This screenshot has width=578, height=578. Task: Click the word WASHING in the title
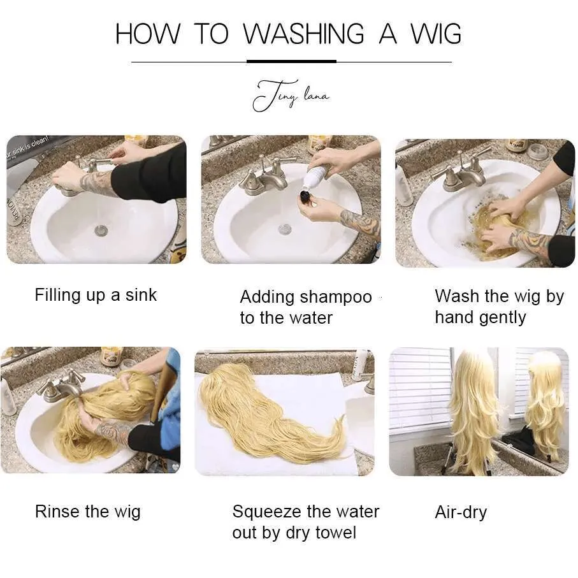[x=303, y=34]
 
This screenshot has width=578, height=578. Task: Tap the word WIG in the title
[x=435, y=34]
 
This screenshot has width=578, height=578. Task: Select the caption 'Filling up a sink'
[x=96, y=295]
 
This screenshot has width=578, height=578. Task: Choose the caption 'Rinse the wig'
[x=88, y=512]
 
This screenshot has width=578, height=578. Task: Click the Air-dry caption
[x=461, y=512]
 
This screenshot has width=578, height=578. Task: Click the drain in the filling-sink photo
[x=101, y=231]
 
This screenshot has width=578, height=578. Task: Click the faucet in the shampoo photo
[x=266, y=178]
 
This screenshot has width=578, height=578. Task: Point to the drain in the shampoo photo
[x=285, y=229]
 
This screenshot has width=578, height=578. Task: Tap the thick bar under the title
[x=291, y=61]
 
